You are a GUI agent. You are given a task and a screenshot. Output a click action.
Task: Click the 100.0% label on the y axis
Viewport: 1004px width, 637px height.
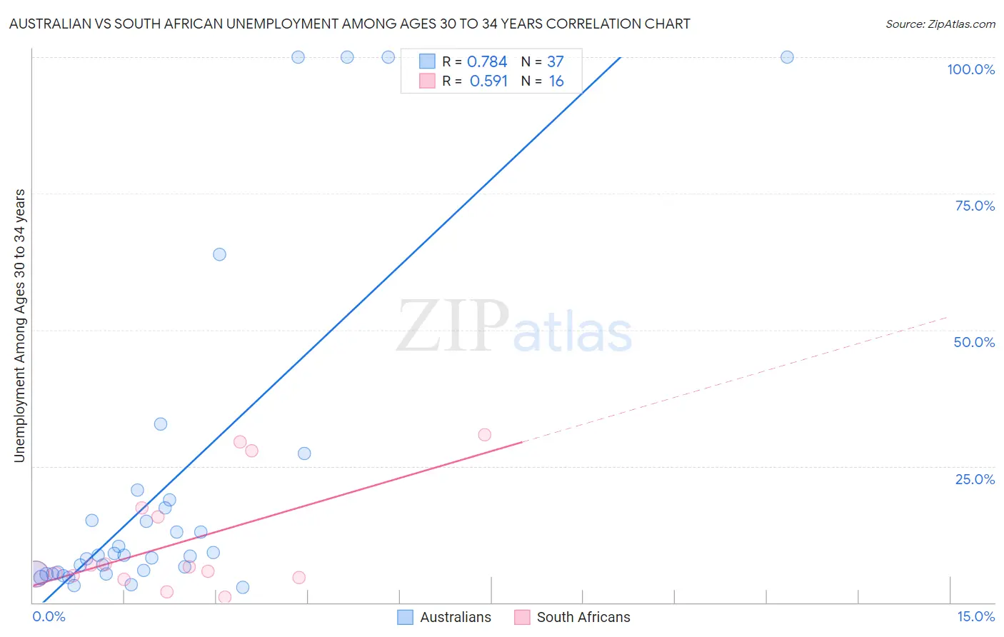[970, 69]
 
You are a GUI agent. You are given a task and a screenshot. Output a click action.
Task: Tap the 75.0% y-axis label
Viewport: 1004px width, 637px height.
[975, 206]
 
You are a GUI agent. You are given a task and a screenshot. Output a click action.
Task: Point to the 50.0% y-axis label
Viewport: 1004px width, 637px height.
[974, 342]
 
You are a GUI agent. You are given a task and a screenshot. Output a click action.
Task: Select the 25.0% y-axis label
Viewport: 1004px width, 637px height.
[975, 479]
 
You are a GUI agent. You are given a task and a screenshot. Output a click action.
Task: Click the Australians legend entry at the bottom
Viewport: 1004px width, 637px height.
[455, 617]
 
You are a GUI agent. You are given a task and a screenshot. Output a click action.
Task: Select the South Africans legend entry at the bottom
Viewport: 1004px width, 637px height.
[583, 617]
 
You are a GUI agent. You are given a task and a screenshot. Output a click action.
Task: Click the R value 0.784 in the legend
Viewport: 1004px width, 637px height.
[487, 62]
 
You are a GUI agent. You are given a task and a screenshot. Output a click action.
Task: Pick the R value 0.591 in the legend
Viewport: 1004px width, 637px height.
[488, 81]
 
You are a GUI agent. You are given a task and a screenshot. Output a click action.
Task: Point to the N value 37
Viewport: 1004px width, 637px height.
[556, 62]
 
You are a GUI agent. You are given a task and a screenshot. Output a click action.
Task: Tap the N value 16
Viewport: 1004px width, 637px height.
[556, 81]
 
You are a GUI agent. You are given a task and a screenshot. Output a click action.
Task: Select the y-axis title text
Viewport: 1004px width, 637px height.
[20, 326]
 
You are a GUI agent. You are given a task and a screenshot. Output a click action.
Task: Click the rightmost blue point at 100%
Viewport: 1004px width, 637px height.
[787, 57]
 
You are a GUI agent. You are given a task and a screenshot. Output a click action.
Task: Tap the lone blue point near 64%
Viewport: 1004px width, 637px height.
[219, 254]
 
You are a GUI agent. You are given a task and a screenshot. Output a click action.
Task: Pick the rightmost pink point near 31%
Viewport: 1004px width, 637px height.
[484, 435]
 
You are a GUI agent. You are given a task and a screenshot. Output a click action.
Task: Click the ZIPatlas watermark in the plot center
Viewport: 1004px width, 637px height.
[514, 328]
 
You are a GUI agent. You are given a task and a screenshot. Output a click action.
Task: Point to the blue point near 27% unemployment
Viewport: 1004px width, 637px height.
[304, 453]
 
